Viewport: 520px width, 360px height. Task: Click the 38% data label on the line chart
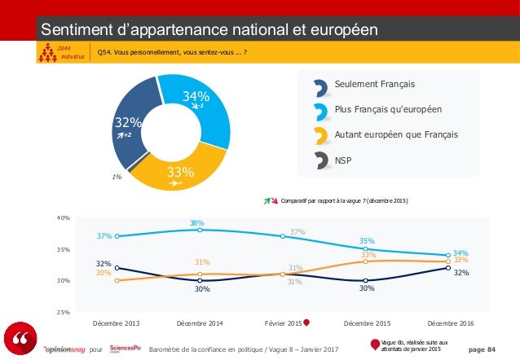tap(196, 223)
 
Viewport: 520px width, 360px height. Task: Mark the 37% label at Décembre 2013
tap(104, 236)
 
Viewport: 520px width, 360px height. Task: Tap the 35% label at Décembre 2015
tap(367, 241)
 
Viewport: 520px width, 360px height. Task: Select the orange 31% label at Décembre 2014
tap(202, 262)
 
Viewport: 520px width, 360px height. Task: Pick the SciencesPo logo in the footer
tap(126, 348)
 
